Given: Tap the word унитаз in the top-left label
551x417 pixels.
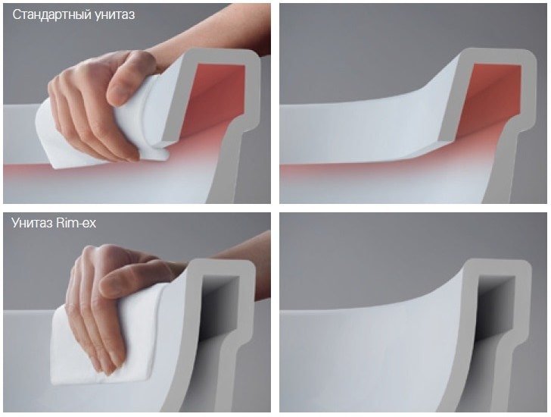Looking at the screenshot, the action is pos(114,15).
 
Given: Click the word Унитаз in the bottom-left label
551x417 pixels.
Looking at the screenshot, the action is pos(32,223).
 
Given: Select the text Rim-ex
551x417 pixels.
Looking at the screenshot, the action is pos(76,223).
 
